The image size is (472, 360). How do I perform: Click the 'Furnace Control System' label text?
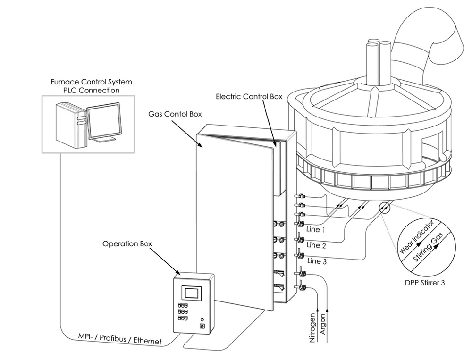[91, 82]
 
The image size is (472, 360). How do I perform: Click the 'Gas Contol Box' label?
[175, 114]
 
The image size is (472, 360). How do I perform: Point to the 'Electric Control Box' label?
[249, 97]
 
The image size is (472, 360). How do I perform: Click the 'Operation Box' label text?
[127, 243]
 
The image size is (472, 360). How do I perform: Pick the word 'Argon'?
[323, 324]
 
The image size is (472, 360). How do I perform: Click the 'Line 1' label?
[315, 229]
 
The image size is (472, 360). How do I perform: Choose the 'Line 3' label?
[317, 261]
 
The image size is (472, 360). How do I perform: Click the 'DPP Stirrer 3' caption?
[425, 283]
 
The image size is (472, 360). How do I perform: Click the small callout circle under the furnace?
[384, 208]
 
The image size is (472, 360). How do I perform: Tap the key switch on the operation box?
[202, 326]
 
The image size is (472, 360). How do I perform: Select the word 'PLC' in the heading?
[70, 90]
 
